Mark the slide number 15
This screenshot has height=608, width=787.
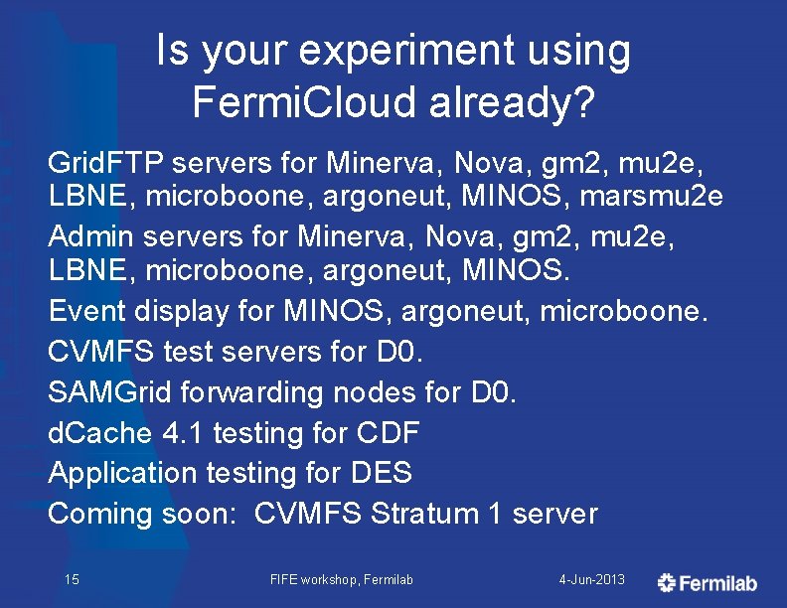click(72, 579)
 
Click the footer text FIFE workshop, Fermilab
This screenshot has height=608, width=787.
click(341, 579)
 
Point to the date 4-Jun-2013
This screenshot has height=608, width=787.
click(592, 579)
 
